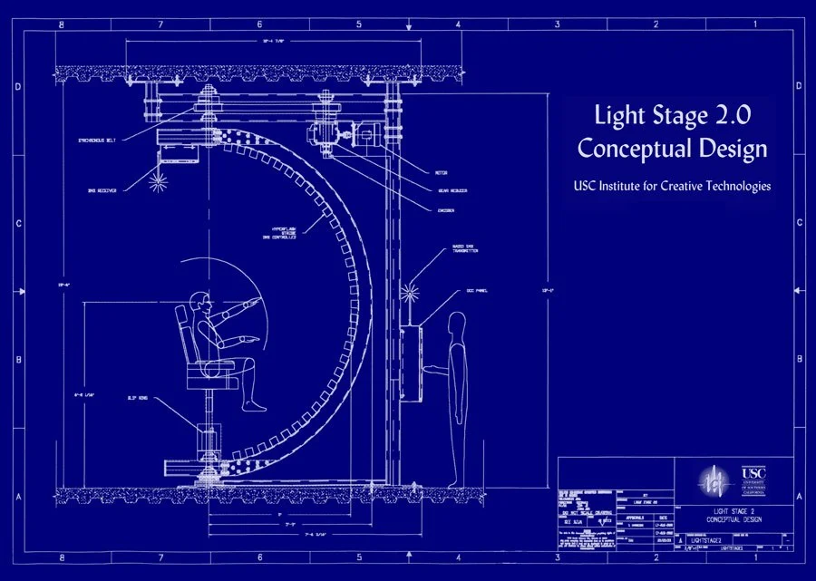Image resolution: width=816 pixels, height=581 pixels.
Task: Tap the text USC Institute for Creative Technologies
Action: coord(672,186)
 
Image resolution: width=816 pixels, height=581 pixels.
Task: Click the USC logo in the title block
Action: coord(753,478)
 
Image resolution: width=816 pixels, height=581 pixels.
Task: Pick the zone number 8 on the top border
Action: coord(62,24)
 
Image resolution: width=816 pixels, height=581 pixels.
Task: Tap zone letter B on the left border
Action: coord(18,360)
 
